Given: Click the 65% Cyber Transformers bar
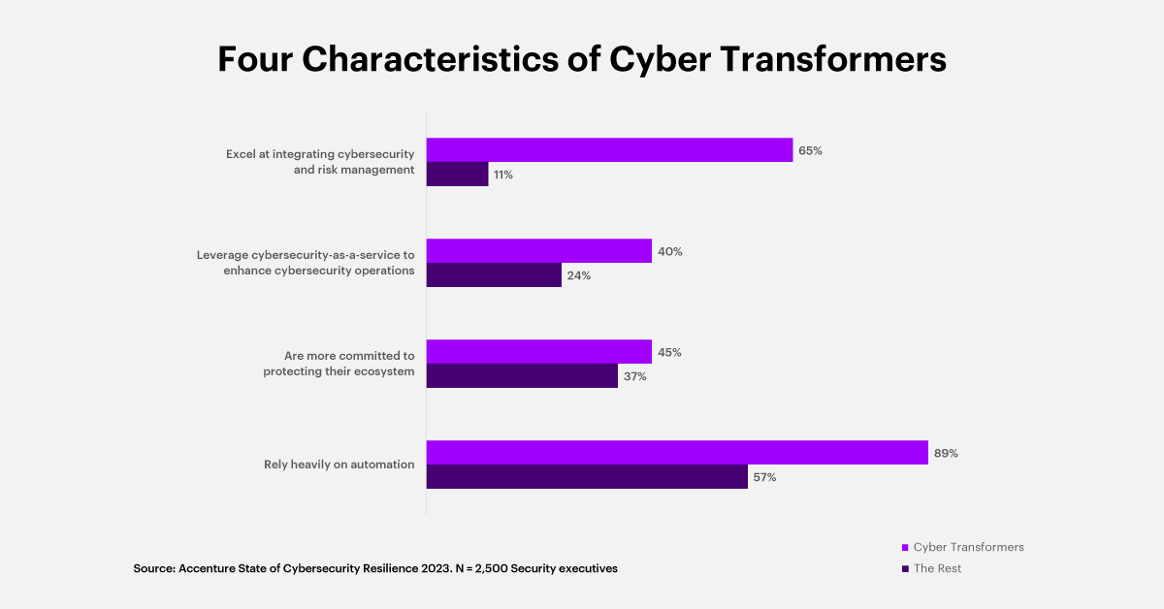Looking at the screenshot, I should [609, 150].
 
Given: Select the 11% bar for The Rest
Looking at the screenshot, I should [457, 175].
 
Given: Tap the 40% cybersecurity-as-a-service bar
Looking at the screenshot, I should [538, 251].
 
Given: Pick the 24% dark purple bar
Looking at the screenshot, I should [494, 275].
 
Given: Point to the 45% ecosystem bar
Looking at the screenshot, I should [538, 352].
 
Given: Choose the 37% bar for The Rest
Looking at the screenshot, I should [522, 376].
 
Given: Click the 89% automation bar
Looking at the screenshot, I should [677, 453].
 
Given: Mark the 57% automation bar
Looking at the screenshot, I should [587, 477].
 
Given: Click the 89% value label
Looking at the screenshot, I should [946, 453].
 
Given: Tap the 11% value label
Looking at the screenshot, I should [502, 176].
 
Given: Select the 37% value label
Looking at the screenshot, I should [635, 376].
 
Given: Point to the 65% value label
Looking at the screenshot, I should [810, 151].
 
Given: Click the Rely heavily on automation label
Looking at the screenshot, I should [339, 465].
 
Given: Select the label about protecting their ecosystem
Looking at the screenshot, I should [339, 364].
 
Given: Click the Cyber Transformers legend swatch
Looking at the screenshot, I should [905, 548].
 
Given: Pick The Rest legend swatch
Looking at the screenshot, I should [905, 569].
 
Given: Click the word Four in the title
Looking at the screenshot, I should [255, 59].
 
